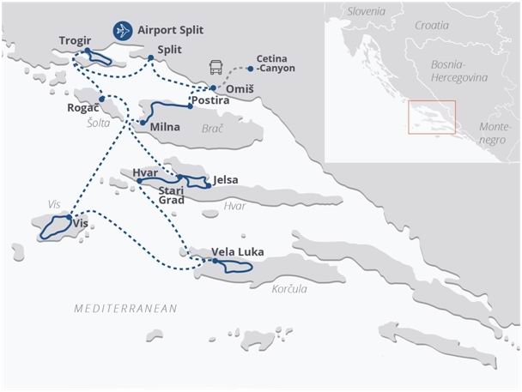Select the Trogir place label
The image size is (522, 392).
[x=76, y=40]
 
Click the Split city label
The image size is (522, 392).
[x=170, y=51]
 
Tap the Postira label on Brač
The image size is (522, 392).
[x=211, y=100]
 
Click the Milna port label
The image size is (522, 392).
[x=165, y=127]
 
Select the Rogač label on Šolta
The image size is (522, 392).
[x=83, y=109]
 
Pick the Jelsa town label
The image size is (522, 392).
[x=225, y=180]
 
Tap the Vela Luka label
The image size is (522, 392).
[x=238, y=251]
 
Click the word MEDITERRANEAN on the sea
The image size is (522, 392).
[x=125, y=308]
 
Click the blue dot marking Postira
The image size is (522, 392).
[x=190, y=106]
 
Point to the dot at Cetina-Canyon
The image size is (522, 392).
[x=250, y=68]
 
